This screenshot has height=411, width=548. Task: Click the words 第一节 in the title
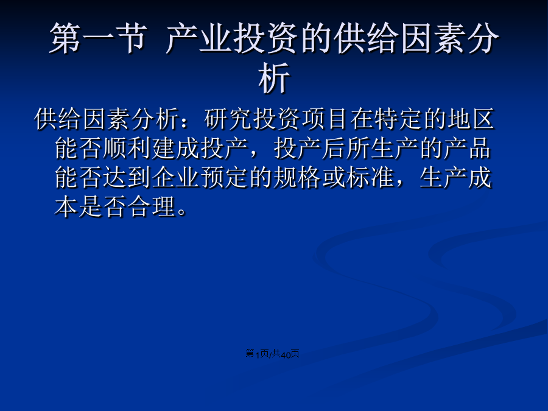coord(97,38)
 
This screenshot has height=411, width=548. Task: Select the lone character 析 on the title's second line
coord(274,78)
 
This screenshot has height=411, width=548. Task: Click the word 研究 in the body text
coord(228,119)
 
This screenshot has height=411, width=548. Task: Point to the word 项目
coord(325,119)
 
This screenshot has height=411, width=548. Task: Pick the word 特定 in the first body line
coord(398,119)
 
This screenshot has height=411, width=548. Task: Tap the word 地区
coord(471,119)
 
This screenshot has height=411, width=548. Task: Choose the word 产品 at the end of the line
coord(468,149)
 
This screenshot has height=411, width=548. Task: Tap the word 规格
coord(297,178)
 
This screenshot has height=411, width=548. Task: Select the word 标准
coord(370,178)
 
